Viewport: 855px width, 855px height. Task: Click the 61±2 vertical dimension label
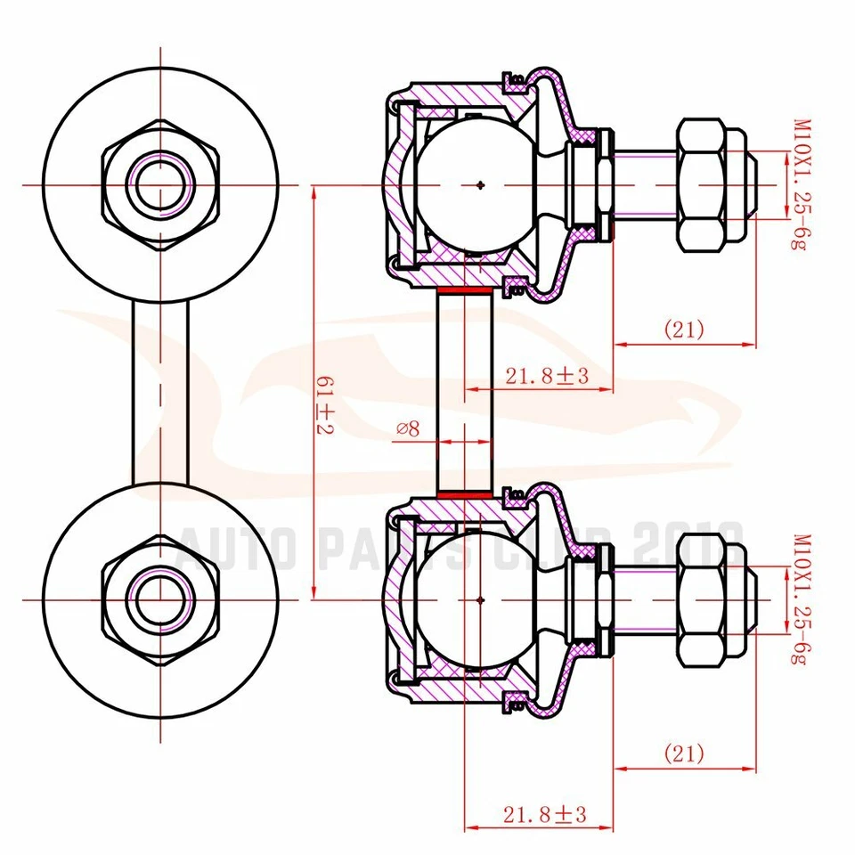[326, 405]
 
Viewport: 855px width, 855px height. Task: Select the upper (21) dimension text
[683, 330]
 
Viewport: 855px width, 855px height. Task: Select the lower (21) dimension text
[683, 753]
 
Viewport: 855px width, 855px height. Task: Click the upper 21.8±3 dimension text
[548, 376]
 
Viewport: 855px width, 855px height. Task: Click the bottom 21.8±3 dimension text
[548, 813]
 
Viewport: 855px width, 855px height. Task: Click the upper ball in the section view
[481, 185]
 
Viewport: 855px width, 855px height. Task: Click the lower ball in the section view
[481, 598]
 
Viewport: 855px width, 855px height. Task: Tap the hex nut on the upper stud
[711, 184]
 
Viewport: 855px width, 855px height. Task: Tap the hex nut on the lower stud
[711, 599]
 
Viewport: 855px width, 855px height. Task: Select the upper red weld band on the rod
[464, 290]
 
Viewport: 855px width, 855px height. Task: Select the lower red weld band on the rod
[464, 493]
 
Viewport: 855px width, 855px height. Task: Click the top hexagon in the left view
[160, 185]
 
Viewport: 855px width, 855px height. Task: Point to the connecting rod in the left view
[160, 392]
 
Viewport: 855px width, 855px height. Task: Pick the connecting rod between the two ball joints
[464, 392]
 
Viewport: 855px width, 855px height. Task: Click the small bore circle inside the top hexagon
[160, 185]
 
